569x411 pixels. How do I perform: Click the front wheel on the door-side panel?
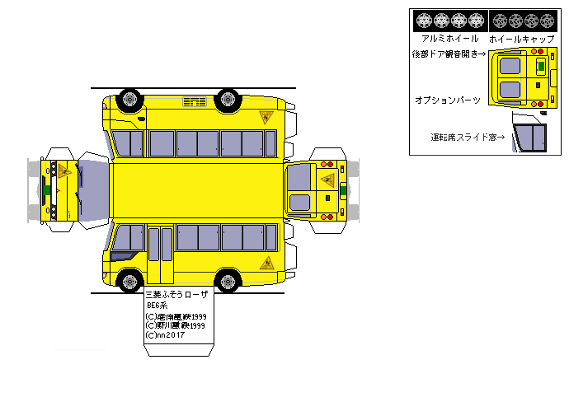130,280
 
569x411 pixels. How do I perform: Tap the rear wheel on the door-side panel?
227,280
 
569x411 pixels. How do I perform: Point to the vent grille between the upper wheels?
195,101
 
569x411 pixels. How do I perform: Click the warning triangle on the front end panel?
63,170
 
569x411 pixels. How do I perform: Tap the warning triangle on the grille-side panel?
266,117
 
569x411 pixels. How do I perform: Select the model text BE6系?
157,305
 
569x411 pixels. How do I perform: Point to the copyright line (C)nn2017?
165,335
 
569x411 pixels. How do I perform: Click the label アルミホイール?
449,39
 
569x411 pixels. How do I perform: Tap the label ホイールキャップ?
521,39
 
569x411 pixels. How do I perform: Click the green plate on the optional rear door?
541,64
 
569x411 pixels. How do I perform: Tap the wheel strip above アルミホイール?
450,20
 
